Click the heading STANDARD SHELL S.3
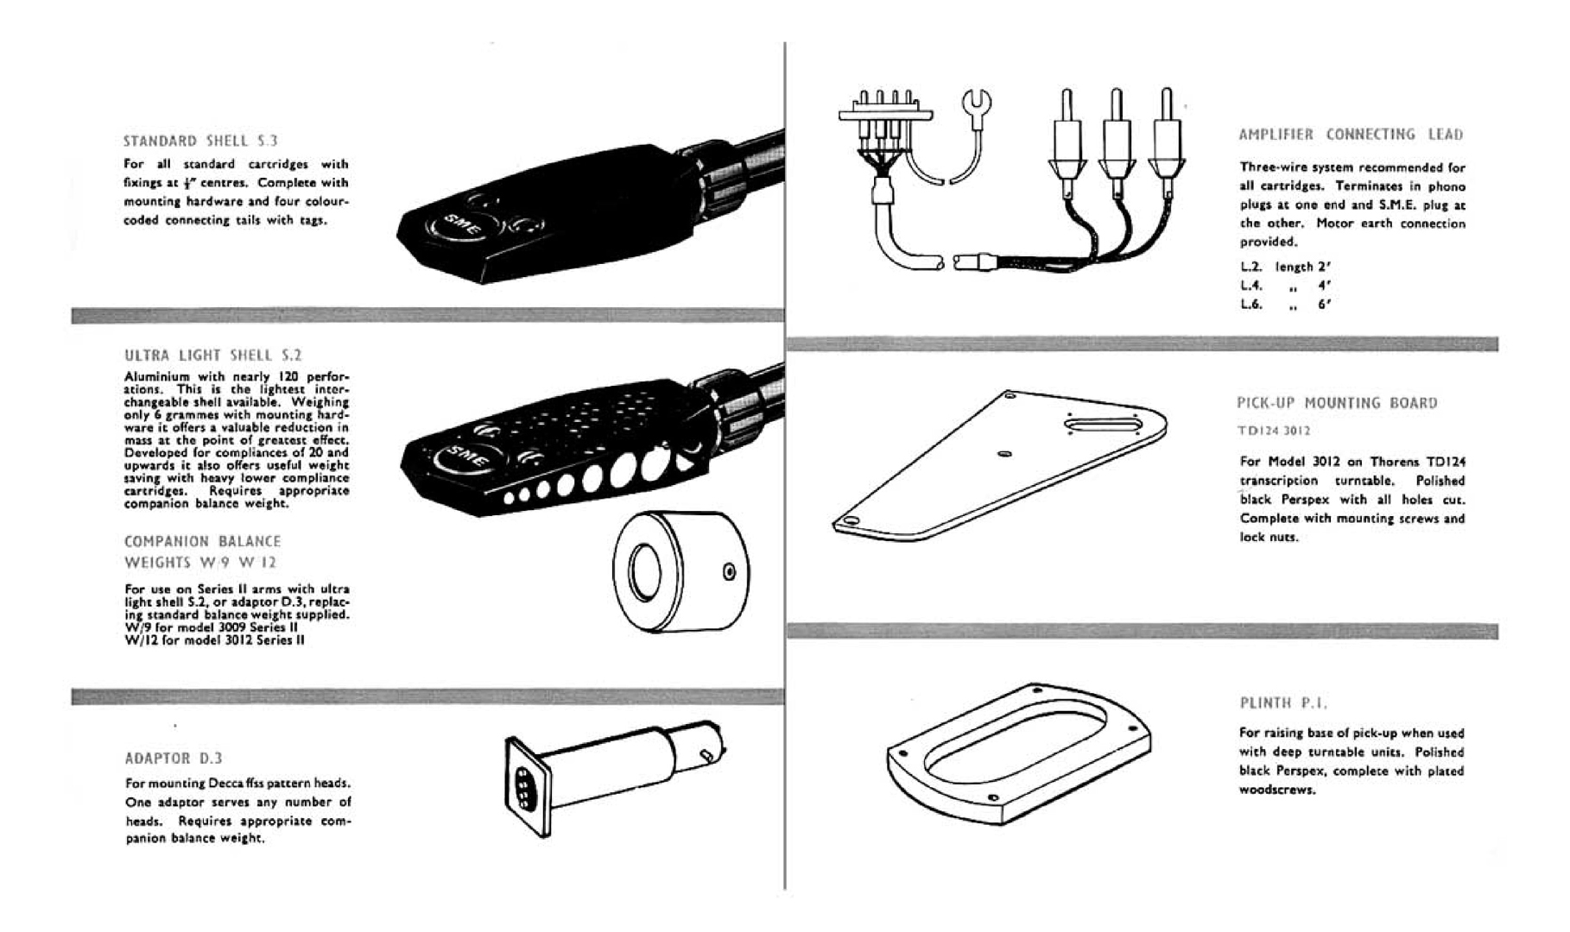200,141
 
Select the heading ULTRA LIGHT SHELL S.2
213,355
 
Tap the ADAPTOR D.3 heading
174,758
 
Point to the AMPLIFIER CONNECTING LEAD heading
1351,135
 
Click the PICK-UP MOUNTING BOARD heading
1337,403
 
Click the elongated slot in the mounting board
1102,425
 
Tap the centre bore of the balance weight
644,571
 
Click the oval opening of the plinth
1017,743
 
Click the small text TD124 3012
1274,431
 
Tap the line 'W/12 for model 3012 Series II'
214,640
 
